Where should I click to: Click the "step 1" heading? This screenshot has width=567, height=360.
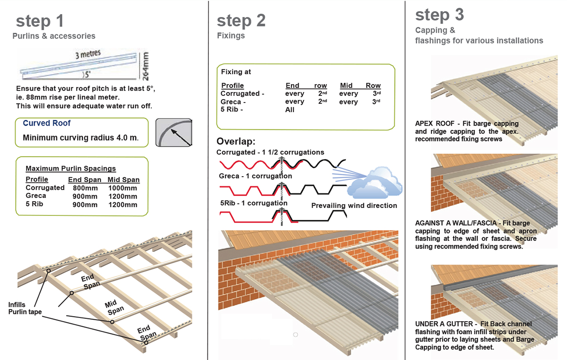[40, 21]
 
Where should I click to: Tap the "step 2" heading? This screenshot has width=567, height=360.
[241, 20]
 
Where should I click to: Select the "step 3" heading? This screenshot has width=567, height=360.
[439, 15]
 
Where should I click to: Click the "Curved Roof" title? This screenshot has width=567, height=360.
[47, 123]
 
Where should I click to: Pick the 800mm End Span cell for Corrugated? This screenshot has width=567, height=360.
[86, 188]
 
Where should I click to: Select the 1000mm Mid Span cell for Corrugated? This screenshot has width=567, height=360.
[122, 188]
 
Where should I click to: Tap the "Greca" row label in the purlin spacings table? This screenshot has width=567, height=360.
[36, 196]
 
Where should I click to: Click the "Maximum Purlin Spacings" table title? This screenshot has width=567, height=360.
[70, 169]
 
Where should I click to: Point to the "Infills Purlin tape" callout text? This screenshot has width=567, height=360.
[25, 308]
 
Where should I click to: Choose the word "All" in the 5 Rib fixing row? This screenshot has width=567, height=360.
[290, 110]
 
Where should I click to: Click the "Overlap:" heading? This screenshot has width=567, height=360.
[236, 142]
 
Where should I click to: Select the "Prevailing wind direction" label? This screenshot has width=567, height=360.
[354, 206]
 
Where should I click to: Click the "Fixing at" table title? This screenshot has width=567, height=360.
[236, 72]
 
